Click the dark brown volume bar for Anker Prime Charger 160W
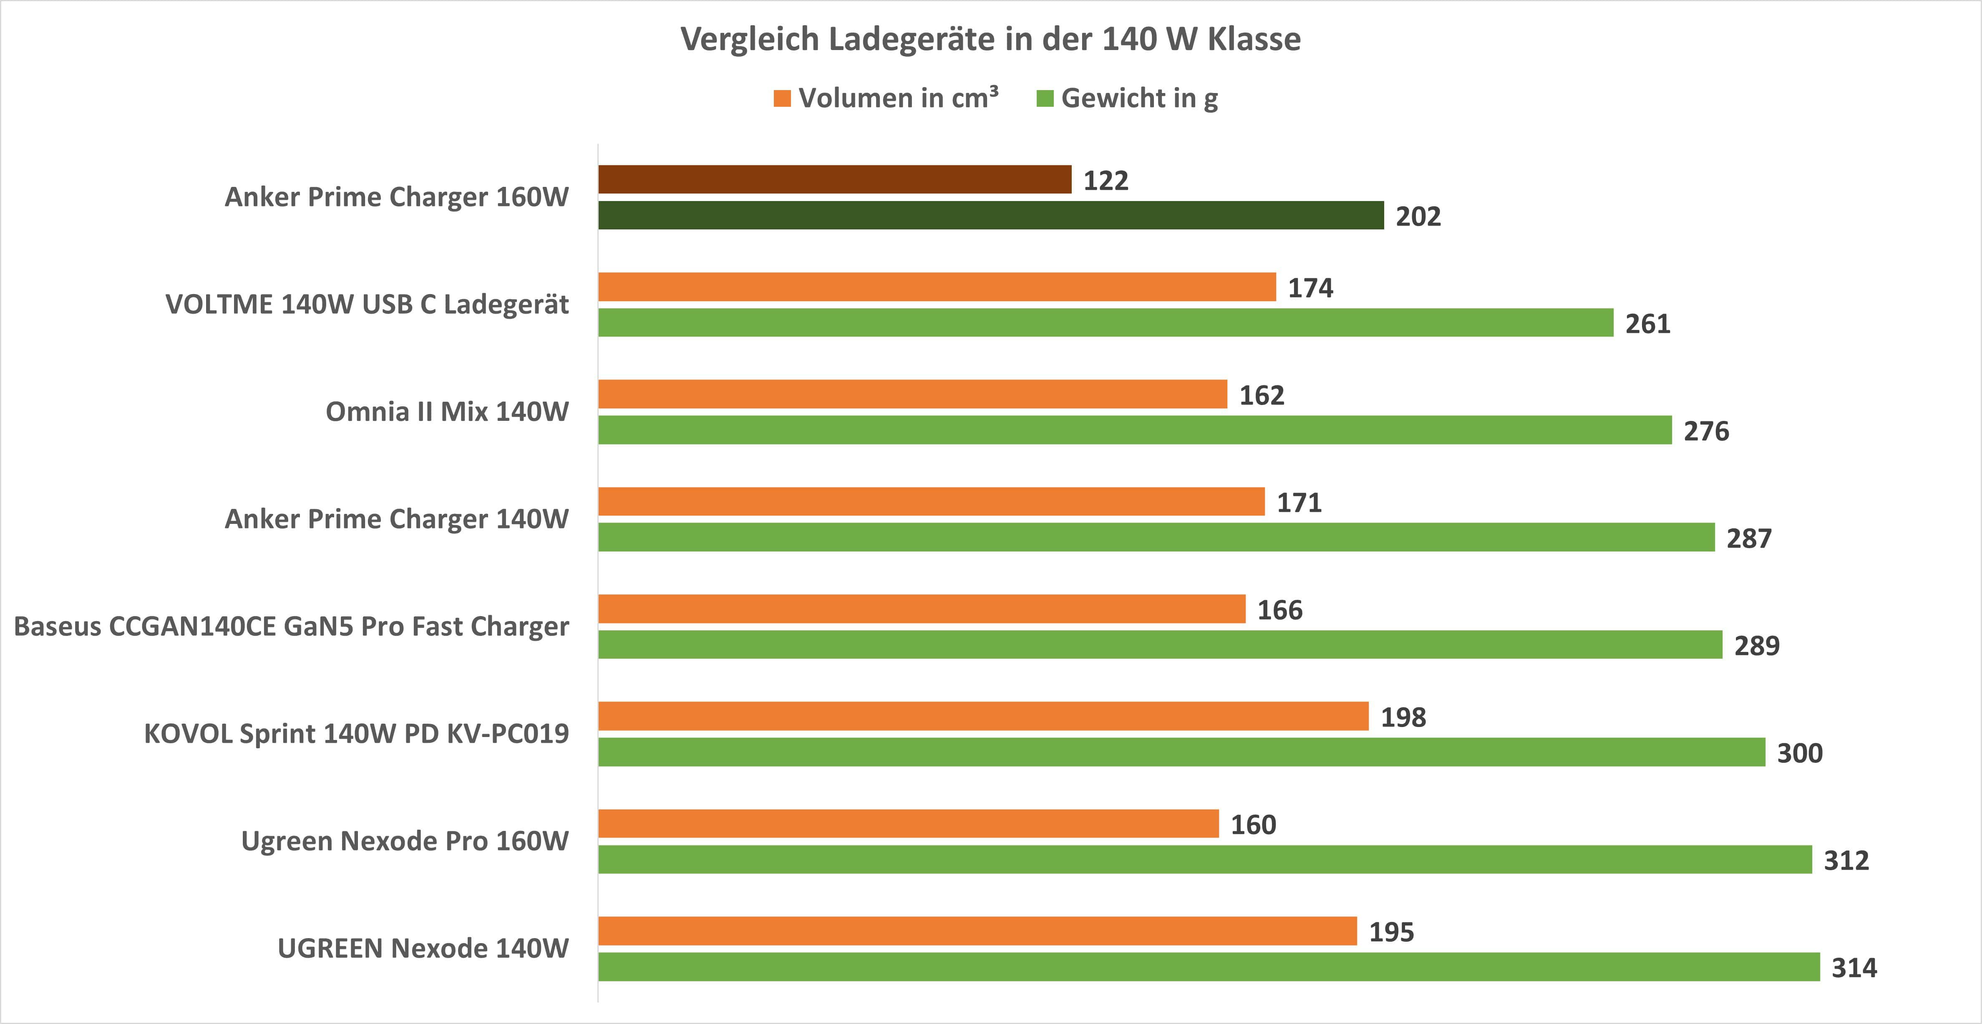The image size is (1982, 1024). tap(835, 179)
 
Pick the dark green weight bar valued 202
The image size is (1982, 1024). tap(991, 215)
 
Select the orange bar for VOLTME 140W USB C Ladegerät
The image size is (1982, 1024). tap(937, 287)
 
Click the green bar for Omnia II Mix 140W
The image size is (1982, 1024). tap(1135, 430)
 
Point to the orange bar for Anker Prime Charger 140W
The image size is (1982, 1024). tap(932, 502)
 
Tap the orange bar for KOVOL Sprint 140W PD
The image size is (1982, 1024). tap(983, 716)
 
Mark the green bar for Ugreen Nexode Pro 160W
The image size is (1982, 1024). tap(1205, 859)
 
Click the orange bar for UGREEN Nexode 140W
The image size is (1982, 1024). tap(977, 931)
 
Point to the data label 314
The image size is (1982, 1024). tap(1854, 968)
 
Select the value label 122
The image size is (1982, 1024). tap(1106, 181)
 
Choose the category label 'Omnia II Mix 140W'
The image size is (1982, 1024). tap(447, 412)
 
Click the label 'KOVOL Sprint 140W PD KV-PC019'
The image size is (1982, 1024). tap(356, 734)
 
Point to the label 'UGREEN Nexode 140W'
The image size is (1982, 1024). tap(423, 949)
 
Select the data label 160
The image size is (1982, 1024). tap(1253, 825)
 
